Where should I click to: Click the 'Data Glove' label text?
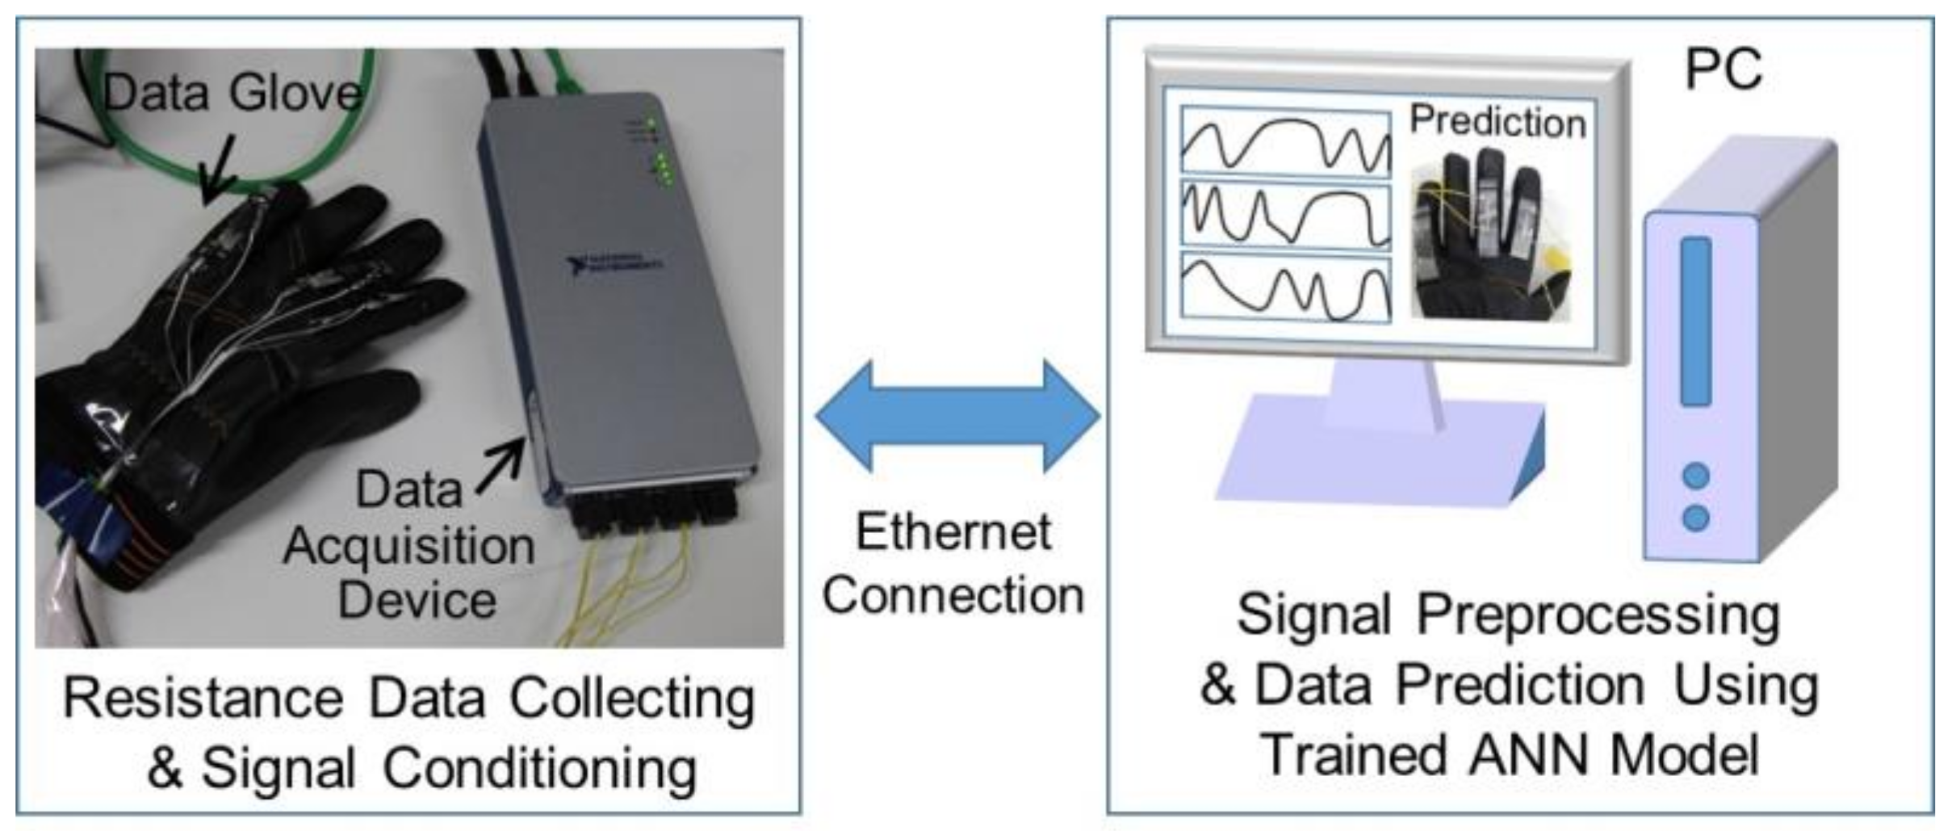(x=232, y=93)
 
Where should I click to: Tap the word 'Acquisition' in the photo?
(x=408, y=546)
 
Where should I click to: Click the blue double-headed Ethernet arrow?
(x=957, y=416)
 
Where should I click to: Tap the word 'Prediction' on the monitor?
(x=1498, y=122)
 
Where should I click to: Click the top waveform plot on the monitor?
(x=1285, y=141)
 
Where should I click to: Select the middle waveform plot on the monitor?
(x=1285, y=215)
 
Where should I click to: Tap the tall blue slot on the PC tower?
(x=1695, y=321)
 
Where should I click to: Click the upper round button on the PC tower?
(x=1695, y=476)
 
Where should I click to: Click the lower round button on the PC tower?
(x=1695, y=517)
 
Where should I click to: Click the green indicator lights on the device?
(x=662, y=162)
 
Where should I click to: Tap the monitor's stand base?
(x=1372, y=456)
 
